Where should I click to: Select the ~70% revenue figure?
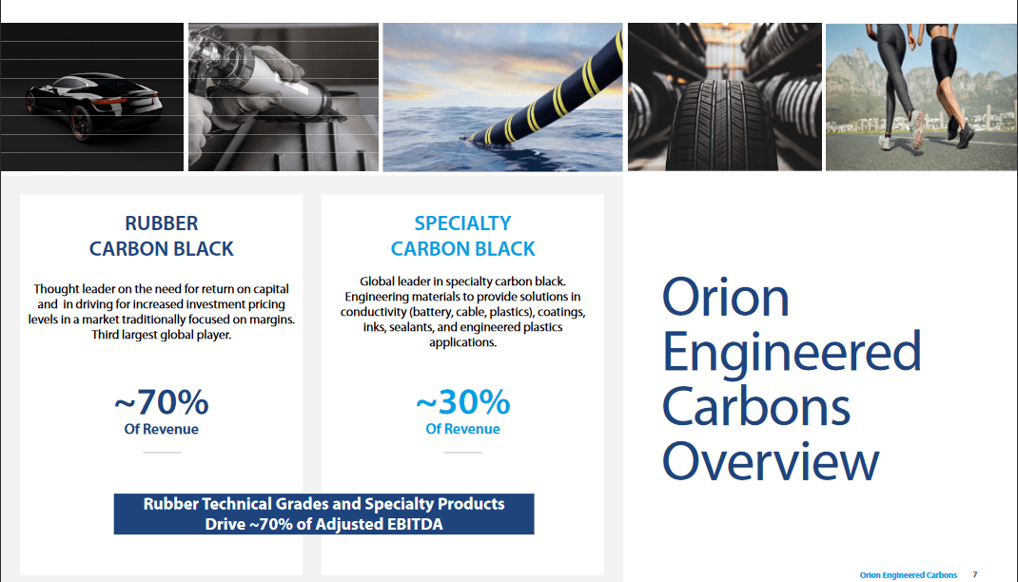pos(162,401)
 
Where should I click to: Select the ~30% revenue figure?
pos(463,401)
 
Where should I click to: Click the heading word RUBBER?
pos(162,223)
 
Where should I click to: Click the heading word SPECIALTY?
pos(463,223)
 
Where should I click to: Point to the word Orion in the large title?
pos(725,297)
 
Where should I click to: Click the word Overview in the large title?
pos(771,460)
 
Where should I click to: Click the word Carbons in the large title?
pos(756,406)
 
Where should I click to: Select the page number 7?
pos(974,574)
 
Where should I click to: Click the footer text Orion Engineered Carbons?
pos(909,574)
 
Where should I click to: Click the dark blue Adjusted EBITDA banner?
pos(324,514)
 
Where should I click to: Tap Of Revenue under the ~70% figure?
pos(162,429)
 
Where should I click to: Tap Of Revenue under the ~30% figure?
pos(463,429)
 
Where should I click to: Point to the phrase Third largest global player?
pos(162,335)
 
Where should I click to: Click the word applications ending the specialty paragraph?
pos(463,342)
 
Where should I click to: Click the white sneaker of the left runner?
pos(917,128)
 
